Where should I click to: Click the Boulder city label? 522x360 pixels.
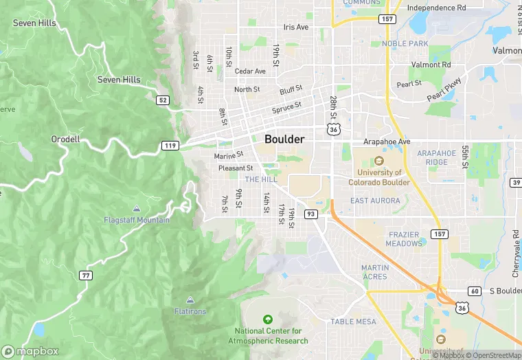(x=284, y=139)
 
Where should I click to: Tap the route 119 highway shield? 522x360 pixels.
(x=170, y=146)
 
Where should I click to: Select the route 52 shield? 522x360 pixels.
(x=163, y=100)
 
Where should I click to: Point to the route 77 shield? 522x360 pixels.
(x=86, y=275)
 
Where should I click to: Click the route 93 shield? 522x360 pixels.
(x=310, y=214)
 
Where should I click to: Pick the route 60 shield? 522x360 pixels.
(x=475, y=291)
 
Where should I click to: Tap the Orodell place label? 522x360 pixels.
(x=66, y=139)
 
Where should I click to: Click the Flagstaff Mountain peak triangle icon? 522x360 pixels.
(x=136, y=208)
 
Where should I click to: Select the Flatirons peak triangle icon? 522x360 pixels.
(x=190, y=300)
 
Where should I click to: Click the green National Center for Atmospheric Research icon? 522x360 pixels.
(x=267, y=319)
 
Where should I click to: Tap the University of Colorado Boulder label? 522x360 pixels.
(x=379, y=177)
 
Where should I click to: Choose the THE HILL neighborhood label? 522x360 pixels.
(x=261, y=179)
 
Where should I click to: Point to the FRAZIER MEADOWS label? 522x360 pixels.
(x=404, y=239)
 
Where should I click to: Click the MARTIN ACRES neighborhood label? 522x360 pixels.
(x=375, y=272)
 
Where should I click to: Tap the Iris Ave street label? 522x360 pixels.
(x=296, y=27)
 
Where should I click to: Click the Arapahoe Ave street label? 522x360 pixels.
(x=387, y=142)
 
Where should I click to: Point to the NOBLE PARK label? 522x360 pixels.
(x=405, y=44)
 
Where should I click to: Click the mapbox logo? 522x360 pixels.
(x=30, y=351)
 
